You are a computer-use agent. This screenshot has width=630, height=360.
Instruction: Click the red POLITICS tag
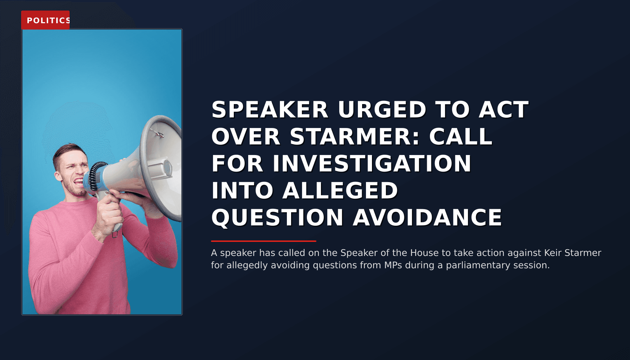[46, 20]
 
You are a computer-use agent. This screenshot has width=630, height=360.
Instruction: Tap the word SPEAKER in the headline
[270, 110]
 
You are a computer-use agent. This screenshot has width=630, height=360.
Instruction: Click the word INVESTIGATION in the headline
[372, 163]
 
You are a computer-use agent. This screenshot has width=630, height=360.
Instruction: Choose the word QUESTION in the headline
[277, 217]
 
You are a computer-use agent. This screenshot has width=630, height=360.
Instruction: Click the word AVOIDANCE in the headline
[427, 217]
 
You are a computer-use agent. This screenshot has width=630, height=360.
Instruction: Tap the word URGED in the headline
[382, 110]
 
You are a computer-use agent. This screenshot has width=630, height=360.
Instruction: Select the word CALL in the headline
[461, 136]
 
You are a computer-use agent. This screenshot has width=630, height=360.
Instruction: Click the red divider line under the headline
[264, 241]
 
